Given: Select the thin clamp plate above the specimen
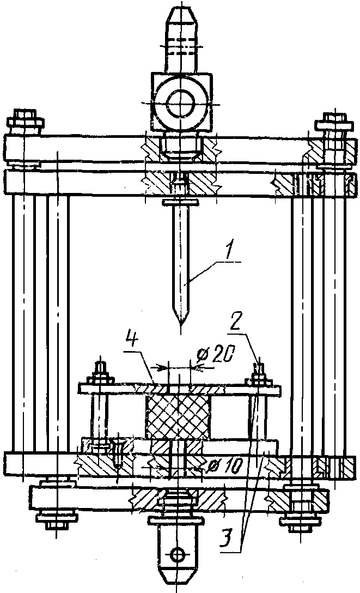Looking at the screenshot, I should [180, 389].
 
